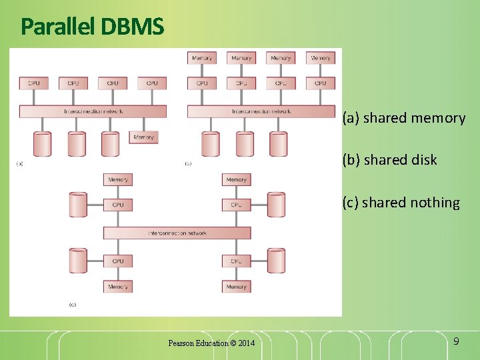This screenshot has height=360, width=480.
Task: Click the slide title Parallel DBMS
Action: (92, 27)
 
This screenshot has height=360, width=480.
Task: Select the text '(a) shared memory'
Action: (403, 119)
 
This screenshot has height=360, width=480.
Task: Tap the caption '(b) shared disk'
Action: (389, 160)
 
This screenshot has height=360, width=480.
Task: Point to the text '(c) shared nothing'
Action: (401, 203)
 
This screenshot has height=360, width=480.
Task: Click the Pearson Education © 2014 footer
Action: (211, 343)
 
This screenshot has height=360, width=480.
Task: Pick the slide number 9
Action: (455, 341)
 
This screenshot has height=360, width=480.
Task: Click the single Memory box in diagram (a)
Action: (143, 137)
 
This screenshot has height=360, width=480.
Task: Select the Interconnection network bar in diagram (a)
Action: (93, 111)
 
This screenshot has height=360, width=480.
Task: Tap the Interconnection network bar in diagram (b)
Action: (261, 111)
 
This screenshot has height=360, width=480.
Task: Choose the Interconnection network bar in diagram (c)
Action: (177, 233)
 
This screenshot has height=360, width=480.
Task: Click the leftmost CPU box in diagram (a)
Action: (34, 83)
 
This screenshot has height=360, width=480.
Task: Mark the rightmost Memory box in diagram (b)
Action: (321, 58)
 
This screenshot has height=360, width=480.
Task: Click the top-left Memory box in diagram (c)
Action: (118, 179)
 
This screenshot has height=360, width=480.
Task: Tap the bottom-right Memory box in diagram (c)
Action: (236, 287)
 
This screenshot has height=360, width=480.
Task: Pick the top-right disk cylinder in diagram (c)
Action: (276, 204)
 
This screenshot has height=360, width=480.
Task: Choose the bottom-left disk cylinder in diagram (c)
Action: (78, 261)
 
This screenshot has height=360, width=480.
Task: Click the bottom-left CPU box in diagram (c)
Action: (118, 261)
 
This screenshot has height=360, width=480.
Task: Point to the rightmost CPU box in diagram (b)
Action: (321, 83)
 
